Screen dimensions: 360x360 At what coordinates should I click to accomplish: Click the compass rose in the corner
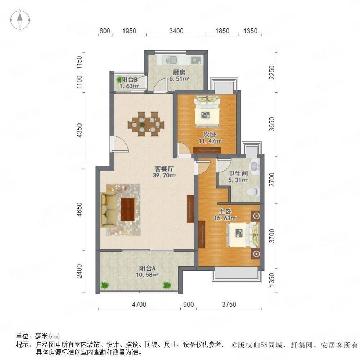point(20,20)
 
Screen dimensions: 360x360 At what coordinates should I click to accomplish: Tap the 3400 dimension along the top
point(176,31)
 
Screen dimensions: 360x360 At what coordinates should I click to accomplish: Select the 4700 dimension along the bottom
point(139,305)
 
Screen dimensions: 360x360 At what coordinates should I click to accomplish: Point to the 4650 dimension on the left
point(79,210)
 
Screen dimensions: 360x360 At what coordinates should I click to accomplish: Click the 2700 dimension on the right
point(271,180)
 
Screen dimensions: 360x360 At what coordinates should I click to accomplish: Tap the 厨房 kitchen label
point(179,72)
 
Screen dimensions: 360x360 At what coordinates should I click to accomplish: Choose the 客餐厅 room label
point(164,169)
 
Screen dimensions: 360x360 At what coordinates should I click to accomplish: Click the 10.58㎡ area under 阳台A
point(147,275)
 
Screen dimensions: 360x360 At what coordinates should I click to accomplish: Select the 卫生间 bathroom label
point(238,174)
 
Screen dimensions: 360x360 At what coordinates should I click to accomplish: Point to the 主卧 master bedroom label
point(225,211)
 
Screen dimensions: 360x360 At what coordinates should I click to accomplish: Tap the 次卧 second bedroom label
point(210,134)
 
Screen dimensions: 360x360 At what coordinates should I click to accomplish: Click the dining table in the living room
point(146,124)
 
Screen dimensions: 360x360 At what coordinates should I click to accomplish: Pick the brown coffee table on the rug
point(128,210)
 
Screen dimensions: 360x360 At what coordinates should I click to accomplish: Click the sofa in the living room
point(108,209)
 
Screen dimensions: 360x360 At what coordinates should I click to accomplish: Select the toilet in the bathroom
point(253,192)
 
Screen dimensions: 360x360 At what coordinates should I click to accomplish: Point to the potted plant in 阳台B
point(119,80)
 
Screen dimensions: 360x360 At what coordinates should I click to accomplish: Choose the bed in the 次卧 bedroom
point(207,111)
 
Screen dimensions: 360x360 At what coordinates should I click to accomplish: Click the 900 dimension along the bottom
point(189,305)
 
